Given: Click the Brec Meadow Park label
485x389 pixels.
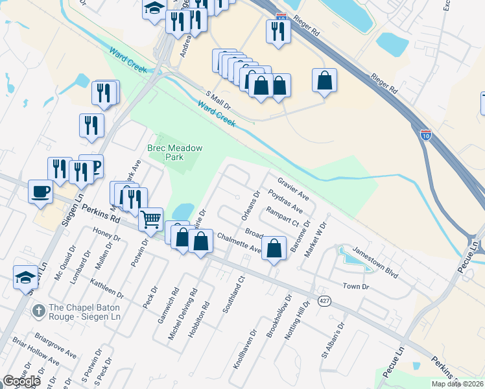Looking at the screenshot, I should pyautogui.click(x=175, y=152).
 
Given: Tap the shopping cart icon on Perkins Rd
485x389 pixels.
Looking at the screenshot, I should pyautogui.click(x=151, y=219).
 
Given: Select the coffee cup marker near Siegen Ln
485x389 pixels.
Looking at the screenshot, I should pyautogui.click(x=41, y=191).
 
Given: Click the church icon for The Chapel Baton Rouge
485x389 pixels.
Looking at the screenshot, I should pyautogui.click(x=40, y=310).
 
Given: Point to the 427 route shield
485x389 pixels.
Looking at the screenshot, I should pyautogui.click(x=325, y=300).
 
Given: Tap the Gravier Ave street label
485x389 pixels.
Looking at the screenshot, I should pyautogui.click(x=293, y=188).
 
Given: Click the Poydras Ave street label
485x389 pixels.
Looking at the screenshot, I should pyautogui.click(x=285, y=202).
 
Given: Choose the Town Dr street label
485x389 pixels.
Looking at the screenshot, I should pyautogui.click(x=355, y=286).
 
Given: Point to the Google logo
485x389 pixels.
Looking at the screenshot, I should pyautogui.click(x=21, y=381).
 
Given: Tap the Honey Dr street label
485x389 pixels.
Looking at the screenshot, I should pyautogui.click(x=107, y=237).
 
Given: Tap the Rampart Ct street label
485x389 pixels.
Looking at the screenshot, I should pyautogui.click(x=281, y=217).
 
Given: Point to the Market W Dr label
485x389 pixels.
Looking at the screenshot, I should pyautogui.click(x=318, y=239).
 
